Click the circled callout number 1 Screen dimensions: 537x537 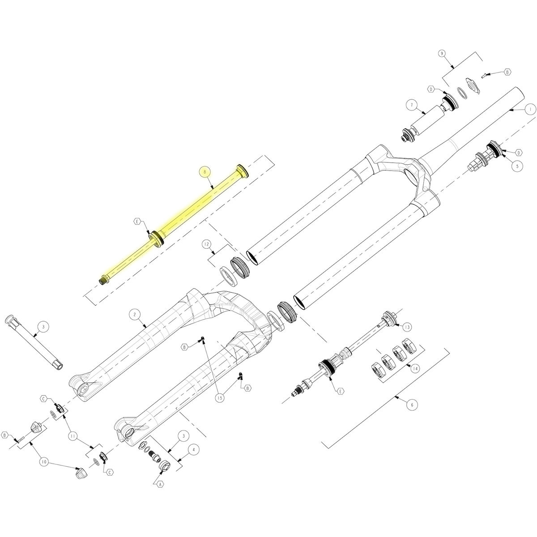[x=531, y=110]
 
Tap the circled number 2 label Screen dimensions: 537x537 [x=135, y=315]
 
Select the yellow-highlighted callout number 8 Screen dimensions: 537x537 [x=205, y=172]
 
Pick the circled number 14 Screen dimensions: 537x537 [x=415, y=369]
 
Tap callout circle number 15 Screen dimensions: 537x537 [x=220, y=398]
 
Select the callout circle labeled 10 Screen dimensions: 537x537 [x=44, y=462]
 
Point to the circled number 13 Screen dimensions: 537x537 [x=407, y=327]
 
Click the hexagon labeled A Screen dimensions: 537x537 [x=160, y=485]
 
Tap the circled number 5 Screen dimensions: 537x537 [x=517, y=166]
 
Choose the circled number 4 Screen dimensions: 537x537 [x=194, y=449]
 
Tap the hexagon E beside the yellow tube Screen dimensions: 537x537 [x=137, y=222]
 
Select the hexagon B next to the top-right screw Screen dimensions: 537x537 [x=507, y=72]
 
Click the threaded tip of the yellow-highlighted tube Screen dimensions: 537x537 [x=102, y=280]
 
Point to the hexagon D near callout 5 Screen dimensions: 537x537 [x=519, y=153]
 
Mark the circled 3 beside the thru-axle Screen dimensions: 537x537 [x=43, y=327]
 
